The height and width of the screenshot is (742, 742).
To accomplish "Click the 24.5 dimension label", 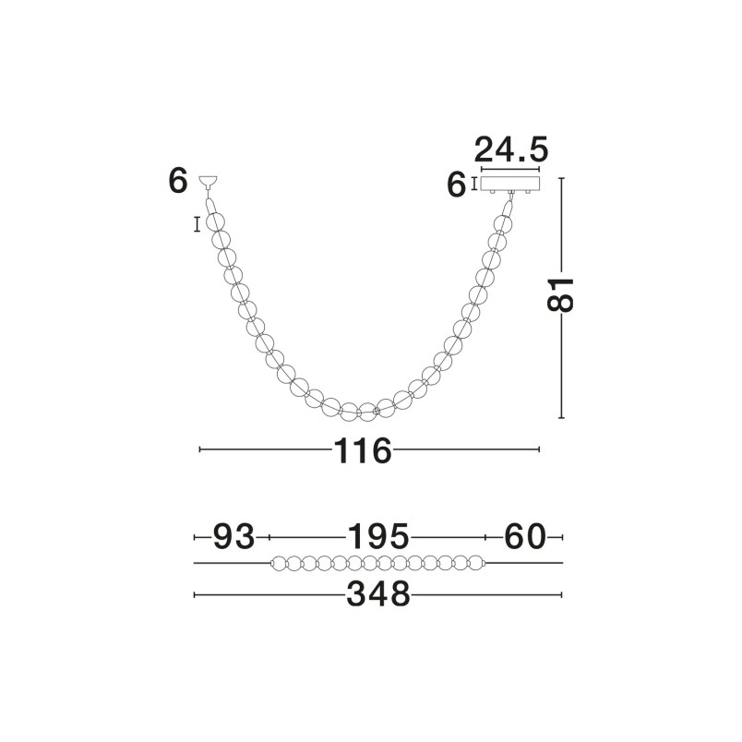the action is click(x=511, y=150).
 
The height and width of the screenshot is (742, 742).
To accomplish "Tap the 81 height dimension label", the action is click(x=560, y=294).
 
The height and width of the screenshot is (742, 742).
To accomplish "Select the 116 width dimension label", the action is click(x=363, y=450).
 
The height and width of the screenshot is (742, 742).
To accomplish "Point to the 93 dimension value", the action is click(x=233, y=536).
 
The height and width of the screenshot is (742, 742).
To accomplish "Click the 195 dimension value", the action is click(x=378, y=536).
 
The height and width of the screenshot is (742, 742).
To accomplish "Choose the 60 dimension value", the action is click(x=525, y=536).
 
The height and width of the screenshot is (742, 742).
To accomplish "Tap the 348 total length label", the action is click(x=378, y=594).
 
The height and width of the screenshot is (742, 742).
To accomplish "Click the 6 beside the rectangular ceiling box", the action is click(x=456, y=185).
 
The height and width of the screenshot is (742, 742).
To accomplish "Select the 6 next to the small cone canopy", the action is click(x=178, y=180).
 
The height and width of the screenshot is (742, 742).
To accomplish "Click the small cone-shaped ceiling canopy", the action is click(x=209, y=180).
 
